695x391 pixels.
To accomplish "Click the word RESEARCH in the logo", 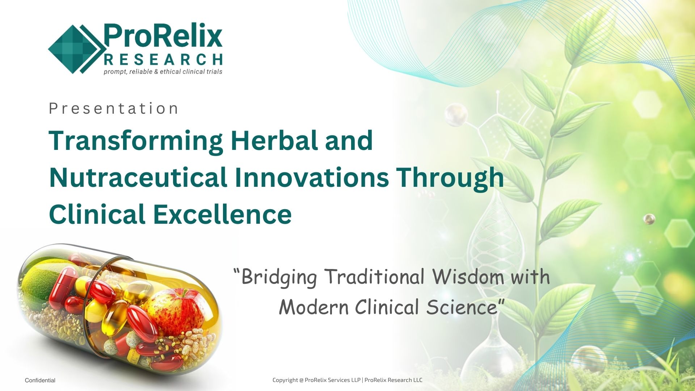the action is point(163,59).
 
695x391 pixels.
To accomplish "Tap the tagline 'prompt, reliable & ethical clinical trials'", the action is point(163,72).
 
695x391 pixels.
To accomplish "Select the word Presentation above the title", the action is point(113,109).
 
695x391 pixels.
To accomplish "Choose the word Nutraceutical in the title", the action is point(138,177).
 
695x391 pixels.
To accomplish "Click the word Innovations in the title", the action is point(312,177).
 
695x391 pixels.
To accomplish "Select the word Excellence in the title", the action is point(222,214).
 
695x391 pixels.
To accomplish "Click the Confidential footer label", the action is point(40,381).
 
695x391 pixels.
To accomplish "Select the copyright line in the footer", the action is point(347,380).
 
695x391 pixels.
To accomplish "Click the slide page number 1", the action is point(677,381).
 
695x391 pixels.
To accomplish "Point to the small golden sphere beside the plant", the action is point(649,219).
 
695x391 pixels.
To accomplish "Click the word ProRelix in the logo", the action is point(163,37).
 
